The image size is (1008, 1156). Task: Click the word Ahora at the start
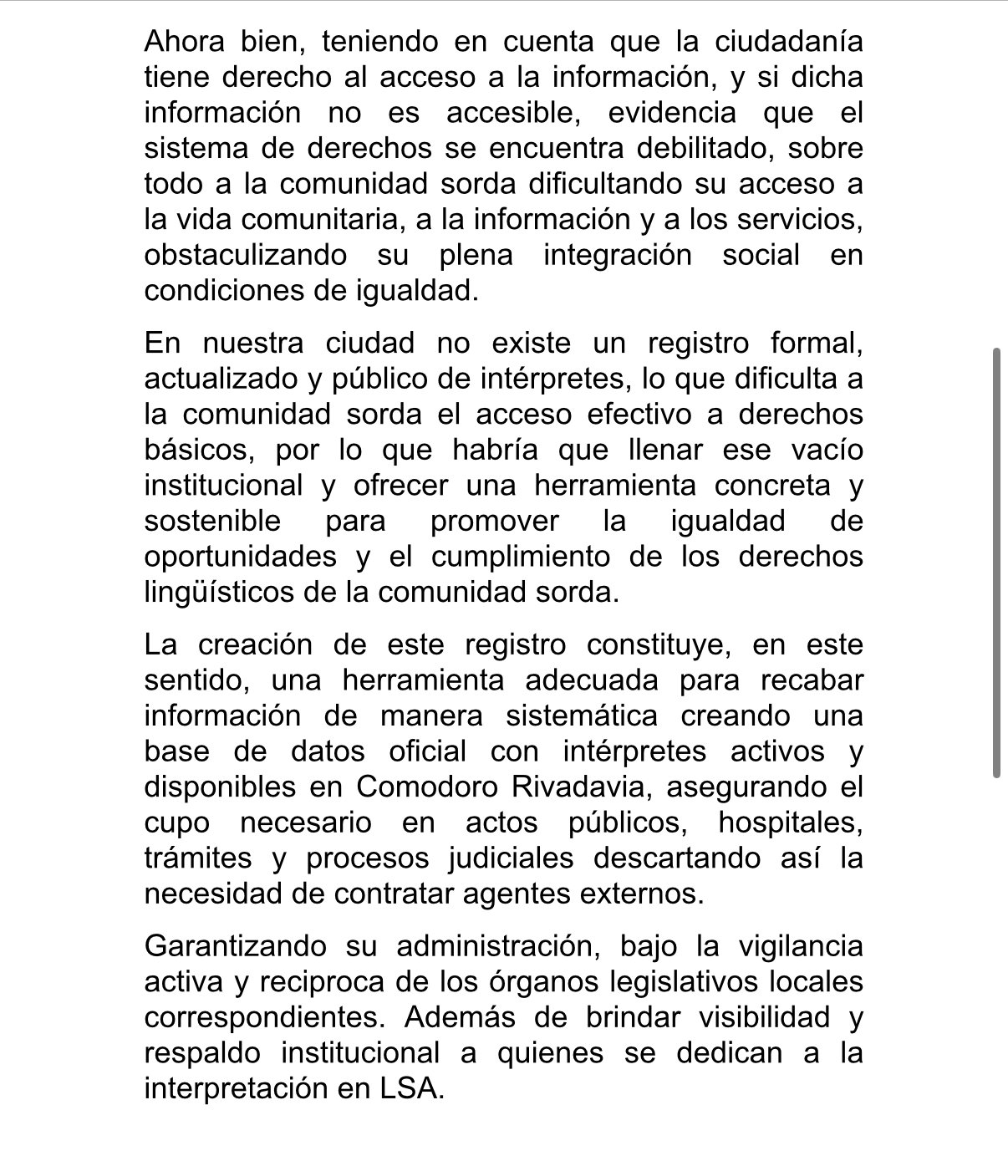183,41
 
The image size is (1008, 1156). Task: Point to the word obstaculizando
245,255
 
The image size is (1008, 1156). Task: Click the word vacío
823,450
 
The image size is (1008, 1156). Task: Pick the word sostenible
213,521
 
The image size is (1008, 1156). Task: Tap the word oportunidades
241,557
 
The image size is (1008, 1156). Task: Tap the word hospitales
790,823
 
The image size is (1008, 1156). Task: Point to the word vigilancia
801,946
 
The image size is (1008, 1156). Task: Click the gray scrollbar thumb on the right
996,563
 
